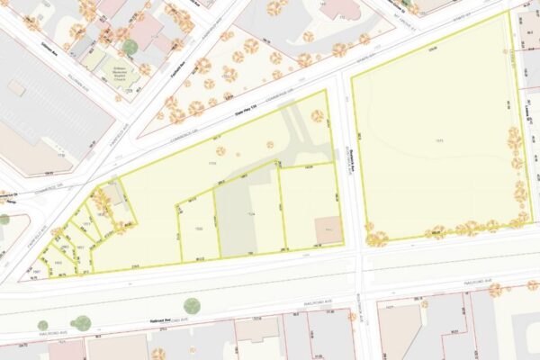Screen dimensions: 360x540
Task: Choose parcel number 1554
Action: point(252,213)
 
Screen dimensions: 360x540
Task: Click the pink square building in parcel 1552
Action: point(328,230)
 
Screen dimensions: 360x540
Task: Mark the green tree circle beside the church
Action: point(130,47)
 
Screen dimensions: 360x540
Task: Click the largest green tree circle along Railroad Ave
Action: point(83,322)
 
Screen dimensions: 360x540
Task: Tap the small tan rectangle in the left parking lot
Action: point(16,87)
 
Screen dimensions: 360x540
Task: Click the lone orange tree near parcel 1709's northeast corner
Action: point(317,115)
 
